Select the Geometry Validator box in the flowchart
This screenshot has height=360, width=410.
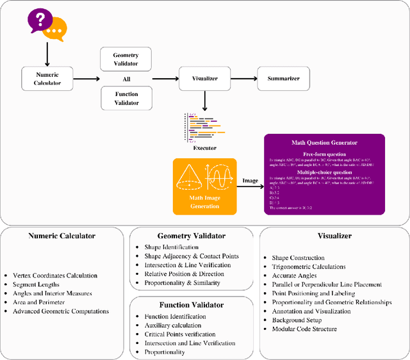click(x=126, y=59)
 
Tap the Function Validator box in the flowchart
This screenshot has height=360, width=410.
click(x=126, y=99)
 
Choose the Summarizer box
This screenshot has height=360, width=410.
click(x=283, y=78)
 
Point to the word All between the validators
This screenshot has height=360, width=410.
click(x=126, y=79)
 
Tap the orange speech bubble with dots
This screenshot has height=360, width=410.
click(x=54, y=28)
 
